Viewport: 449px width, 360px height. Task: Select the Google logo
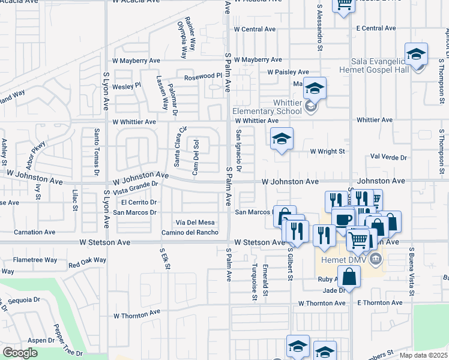(20, 353)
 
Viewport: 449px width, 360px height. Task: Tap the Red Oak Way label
(87, 262)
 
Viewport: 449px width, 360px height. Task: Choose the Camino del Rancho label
(189, 232)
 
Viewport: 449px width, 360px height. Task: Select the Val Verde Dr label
(389, 157)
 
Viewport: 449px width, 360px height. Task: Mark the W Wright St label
(327, 151)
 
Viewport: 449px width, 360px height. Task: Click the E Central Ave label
(376, 28)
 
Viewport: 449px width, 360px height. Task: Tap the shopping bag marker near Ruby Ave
(349, 277)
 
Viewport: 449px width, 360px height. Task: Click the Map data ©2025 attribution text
(423, 355)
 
